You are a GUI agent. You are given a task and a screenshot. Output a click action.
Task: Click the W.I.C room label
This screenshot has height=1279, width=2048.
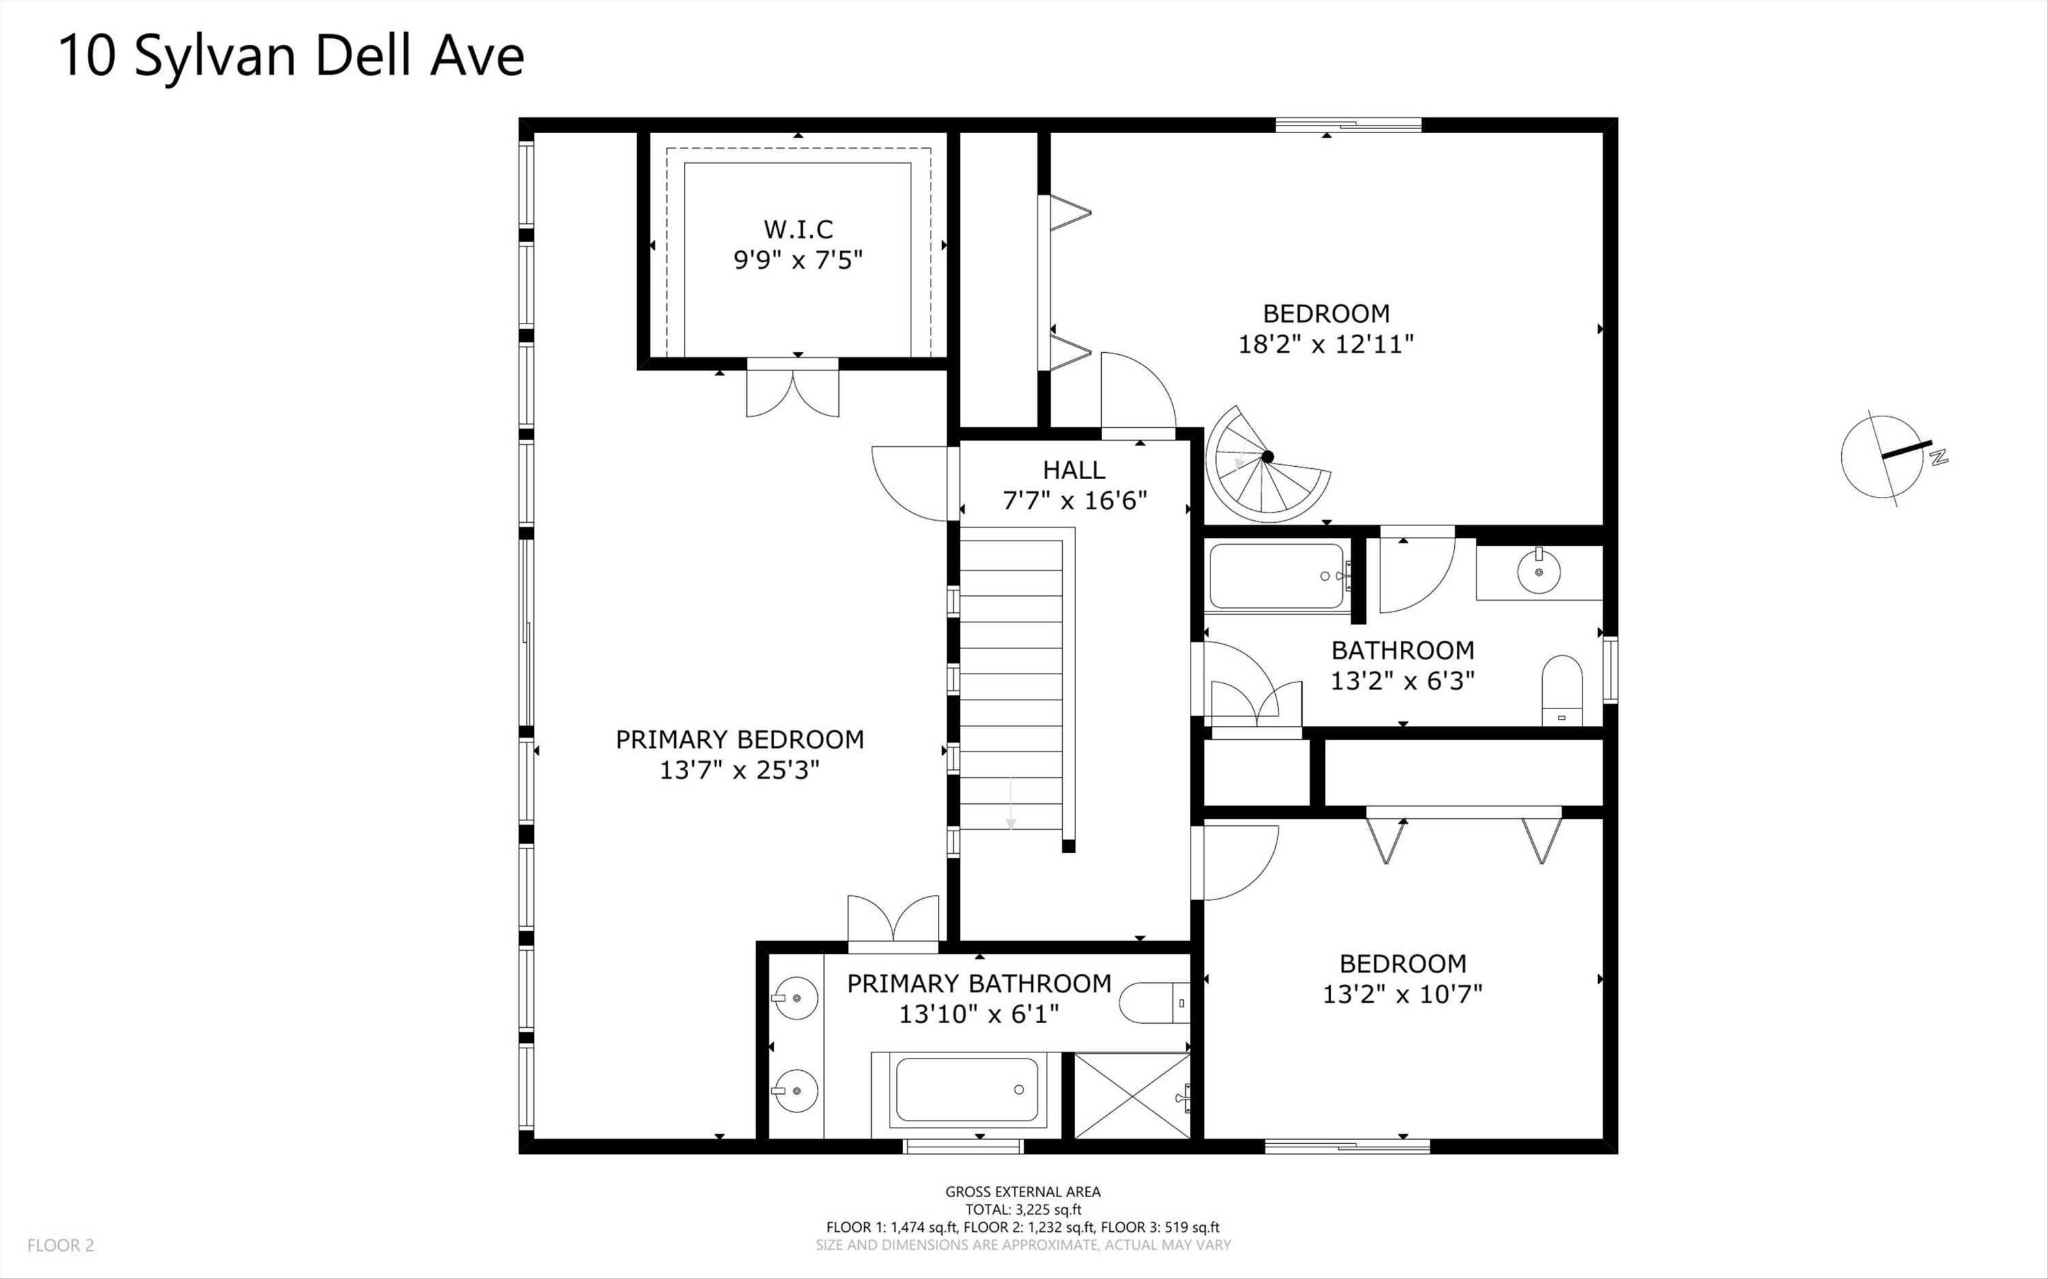coord(798,229)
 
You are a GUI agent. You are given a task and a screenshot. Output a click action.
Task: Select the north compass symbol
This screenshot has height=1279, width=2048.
coord(1889,457)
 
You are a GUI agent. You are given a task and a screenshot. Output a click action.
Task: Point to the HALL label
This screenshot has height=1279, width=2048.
coord(1073,470)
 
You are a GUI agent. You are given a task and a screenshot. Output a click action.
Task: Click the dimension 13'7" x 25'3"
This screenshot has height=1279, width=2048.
coord(739,771)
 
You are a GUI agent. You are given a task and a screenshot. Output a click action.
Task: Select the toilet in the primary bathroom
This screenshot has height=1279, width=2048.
coord(1154,1003)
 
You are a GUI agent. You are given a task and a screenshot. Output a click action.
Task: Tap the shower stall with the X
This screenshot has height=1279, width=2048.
coord(1132,1095)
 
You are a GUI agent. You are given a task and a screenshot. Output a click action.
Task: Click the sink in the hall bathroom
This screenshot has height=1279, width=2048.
coord(1539,571)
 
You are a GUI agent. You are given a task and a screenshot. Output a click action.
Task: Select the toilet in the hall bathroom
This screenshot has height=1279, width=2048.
coord(1561,690)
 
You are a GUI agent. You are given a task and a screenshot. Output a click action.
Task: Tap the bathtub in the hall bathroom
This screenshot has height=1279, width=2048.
coord(1276,576)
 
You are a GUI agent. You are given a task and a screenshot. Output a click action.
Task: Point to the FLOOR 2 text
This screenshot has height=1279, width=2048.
coord(61,1245)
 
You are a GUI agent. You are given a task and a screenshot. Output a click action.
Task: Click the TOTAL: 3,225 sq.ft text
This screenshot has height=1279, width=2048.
coord(1023,1209)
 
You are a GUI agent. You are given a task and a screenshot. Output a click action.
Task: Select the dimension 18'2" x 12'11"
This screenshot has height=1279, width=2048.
coord(1326,344)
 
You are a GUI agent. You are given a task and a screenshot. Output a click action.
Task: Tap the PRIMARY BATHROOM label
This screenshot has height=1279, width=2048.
coord(979,983)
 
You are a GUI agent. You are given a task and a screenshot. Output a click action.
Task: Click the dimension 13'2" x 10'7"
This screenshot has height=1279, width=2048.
coord(1403,994)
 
